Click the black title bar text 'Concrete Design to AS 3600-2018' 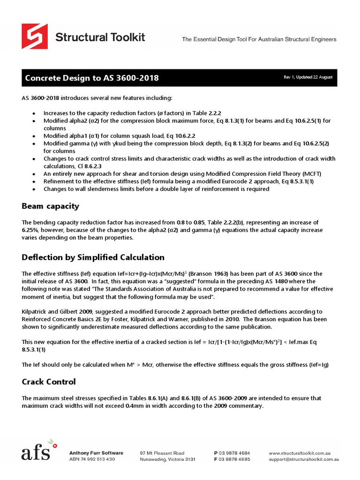[x=91, y=78]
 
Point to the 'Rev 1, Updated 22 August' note [x=308, y=77]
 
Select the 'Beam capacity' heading [x=51, y=206]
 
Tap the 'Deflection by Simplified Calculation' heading [x=93, y=257]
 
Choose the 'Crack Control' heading [x=49, y=382]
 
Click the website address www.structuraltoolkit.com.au [x=300, y=453]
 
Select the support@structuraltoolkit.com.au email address [x=304, y=459]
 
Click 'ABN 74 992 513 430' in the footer [x=92, y=459]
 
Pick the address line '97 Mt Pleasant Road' [x=162, y=453]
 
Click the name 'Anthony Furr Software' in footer [x=96, y=453]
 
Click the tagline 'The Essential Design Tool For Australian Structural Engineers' [x=259, y=39]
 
